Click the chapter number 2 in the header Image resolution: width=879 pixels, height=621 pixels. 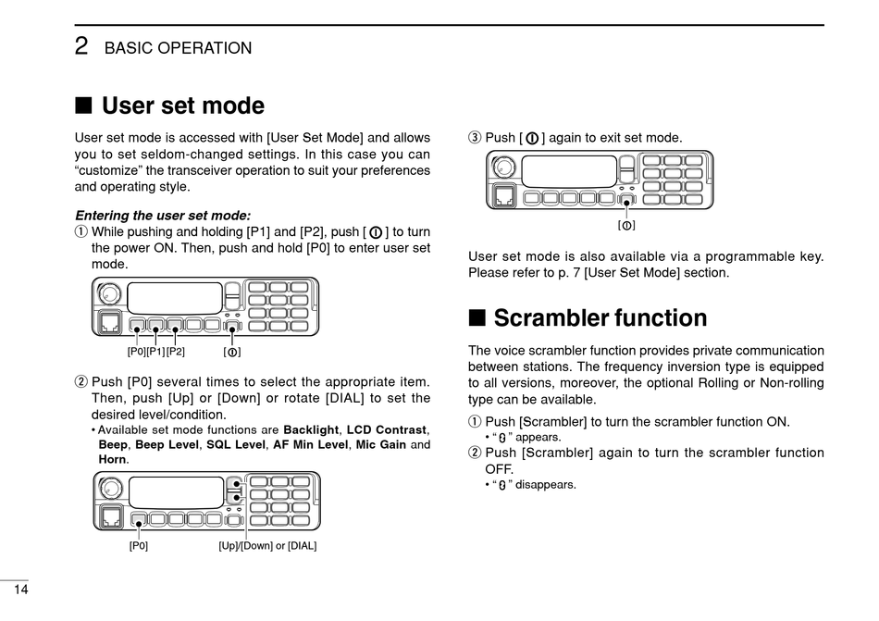tap(81, 46)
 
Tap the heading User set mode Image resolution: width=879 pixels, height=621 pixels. tap(183, 106)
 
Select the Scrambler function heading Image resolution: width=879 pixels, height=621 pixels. tap(600, 318)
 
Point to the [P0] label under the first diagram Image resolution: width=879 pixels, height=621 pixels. tap(137, 352)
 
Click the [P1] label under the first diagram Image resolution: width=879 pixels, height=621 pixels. tap(155, 352)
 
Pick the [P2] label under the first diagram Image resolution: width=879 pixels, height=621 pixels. tap(175, 352)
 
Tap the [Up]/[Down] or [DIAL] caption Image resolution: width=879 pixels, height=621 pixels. tap(267, 546)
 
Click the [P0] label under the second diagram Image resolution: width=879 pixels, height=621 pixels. tap(139, 546)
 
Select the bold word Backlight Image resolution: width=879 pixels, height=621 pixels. tap(311, 429)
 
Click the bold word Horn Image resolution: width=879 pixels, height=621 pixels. tap(112, 459)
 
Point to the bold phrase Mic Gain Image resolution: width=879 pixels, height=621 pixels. tap(380, 444)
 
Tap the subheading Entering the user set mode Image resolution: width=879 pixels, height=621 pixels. tap(162, 215)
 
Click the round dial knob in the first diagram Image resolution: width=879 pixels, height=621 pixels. tap(109, 294)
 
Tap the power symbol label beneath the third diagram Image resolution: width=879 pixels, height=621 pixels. tap(626, 226)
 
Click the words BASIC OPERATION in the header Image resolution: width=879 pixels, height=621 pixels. tap(178, 48)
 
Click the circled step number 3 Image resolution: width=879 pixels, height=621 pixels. tap(475, 138)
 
